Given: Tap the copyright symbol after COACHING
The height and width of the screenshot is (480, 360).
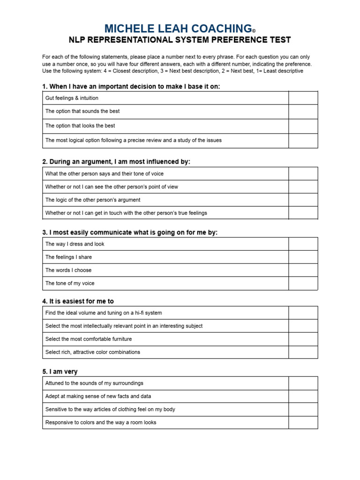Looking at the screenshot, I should click(254, 31).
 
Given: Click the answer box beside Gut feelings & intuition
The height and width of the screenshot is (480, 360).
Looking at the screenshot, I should click(303, 98).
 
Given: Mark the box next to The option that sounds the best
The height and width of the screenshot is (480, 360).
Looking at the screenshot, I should click(303, 112).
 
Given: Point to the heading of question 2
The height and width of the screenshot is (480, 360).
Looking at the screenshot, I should click(116, 162).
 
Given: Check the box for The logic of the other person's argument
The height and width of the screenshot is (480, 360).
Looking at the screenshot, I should click(303, 200).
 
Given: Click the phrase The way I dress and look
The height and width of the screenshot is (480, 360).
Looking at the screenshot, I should click(75, 244).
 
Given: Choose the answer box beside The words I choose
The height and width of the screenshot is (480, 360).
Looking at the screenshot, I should click(303, 270).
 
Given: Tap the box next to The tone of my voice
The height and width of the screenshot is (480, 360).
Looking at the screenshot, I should click(303, 283).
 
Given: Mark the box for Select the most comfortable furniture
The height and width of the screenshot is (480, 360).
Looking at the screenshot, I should click(303, 339).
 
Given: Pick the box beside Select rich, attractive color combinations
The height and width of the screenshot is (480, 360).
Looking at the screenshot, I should click(303, 352).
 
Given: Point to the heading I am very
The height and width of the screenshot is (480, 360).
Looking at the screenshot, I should click(60, 372).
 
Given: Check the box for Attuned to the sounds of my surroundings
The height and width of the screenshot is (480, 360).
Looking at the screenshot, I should click(303, 383).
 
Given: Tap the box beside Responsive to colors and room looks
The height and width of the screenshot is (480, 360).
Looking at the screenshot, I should click(303, 422).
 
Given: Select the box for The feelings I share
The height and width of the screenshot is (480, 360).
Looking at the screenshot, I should click(303, 257).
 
